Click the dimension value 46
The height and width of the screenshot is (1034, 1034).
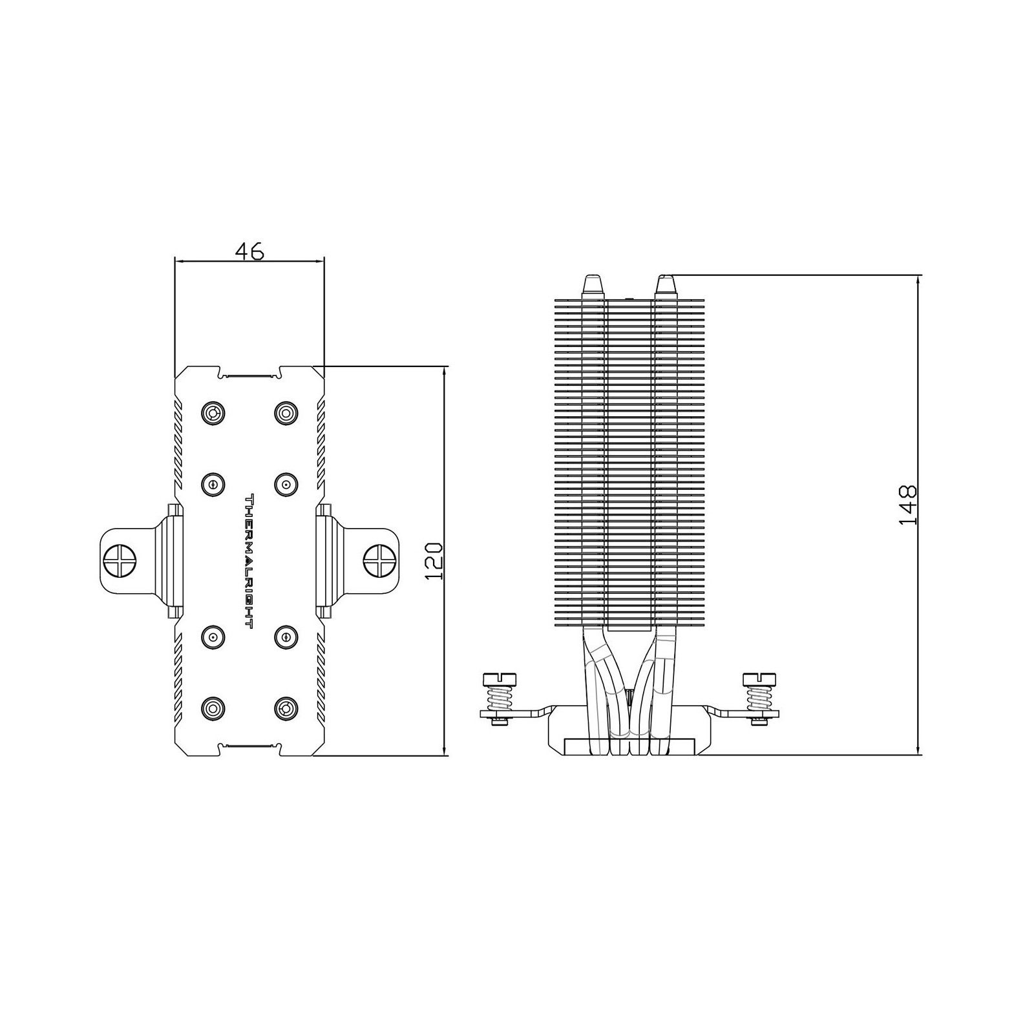[x=249, y=251]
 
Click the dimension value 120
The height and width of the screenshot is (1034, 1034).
[x=434, y=560]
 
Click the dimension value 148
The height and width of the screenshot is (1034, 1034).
[x=908, y=505]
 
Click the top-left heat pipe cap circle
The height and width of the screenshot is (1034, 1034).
[x=213, y=412]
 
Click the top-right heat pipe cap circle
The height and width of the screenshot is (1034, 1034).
[x=286, y=412]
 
